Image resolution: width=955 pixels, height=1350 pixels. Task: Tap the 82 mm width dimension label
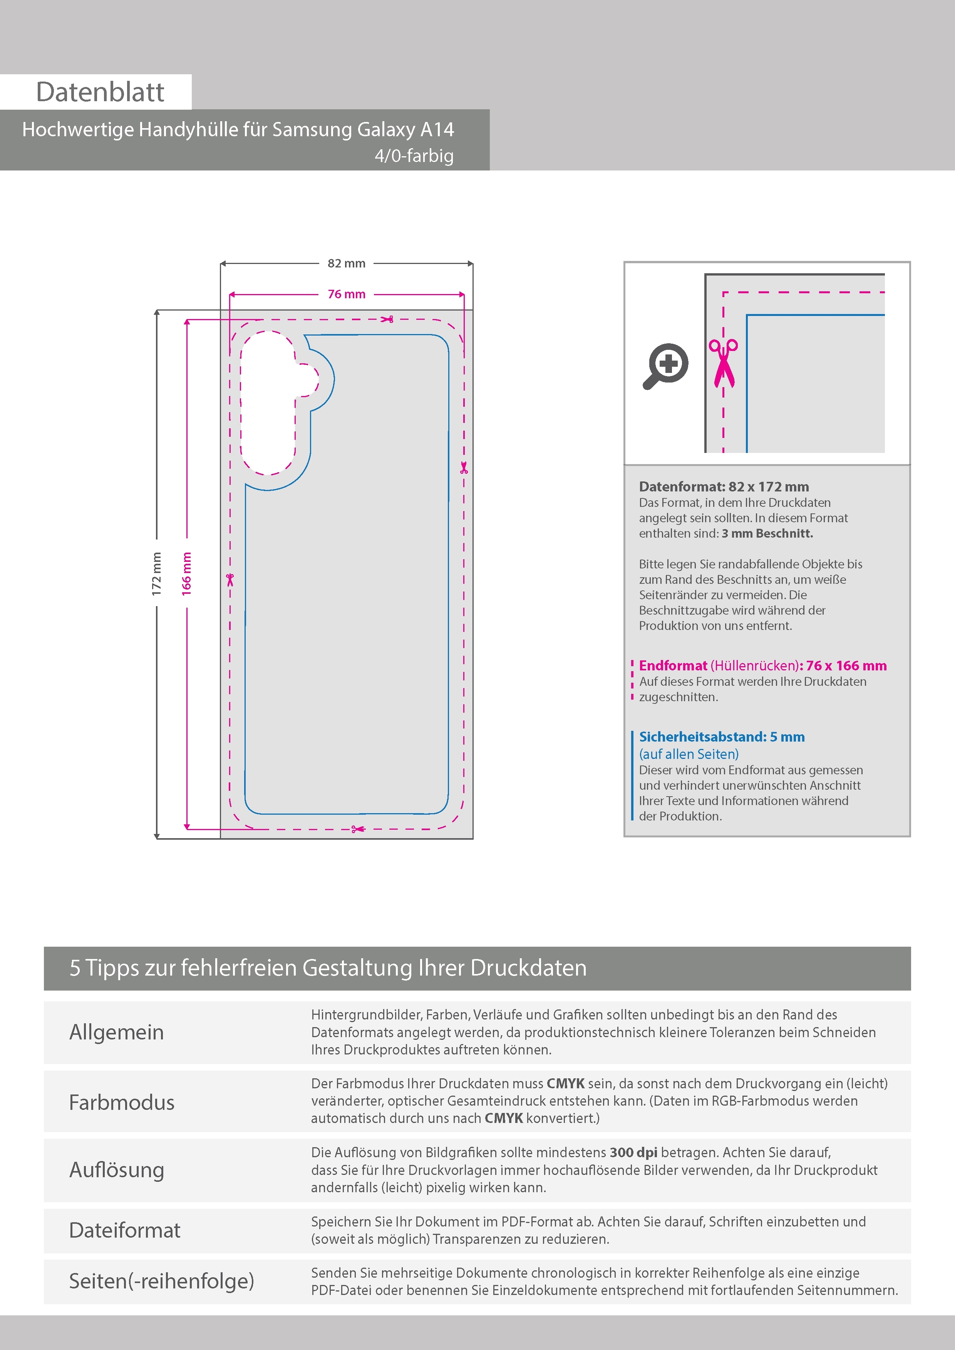(x=347, y=263)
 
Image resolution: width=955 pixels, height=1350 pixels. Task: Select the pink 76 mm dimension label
(x=347, y=294)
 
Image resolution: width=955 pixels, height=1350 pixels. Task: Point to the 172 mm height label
(x=156, y=574)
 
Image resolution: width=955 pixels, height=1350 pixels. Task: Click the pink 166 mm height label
(x=186, y=574)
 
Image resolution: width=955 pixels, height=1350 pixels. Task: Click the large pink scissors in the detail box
(x=723, y=363)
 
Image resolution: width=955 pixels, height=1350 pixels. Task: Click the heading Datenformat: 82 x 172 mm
(x=724, y=486)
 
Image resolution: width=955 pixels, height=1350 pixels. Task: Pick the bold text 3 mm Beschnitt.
(x=767, y=533)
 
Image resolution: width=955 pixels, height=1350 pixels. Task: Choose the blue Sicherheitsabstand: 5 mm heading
(x=722, y=737)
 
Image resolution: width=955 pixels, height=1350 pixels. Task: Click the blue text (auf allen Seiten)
(x=689, y=754)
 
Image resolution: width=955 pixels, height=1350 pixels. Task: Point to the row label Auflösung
(x=117, y=1170)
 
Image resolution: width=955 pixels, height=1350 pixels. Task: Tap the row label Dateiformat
(x=125, y=1230)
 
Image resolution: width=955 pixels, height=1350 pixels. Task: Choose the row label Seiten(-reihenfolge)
(x=162, y=1281)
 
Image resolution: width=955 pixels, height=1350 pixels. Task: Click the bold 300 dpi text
(x=634, y=1153)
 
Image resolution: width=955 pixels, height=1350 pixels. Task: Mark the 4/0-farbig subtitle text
(x=414, y=156)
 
